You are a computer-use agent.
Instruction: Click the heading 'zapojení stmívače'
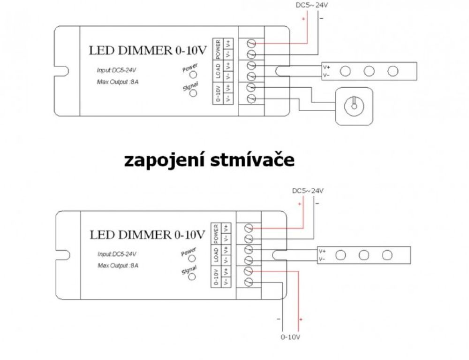click(x=209, y=161)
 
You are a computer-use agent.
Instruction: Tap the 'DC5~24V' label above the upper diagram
click(x=312, y=5)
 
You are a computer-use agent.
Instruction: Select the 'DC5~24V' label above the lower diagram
click(x=308, y=191)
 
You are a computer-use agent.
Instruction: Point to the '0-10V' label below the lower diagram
click(x=290, y=337)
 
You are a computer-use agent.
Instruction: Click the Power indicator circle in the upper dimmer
click(x=193, y=75)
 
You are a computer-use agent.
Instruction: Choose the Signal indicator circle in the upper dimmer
click(x=193, y=93)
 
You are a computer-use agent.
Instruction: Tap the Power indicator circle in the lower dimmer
click(x=192, y=258)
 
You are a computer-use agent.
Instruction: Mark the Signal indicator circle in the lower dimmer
click(x=192, y=276)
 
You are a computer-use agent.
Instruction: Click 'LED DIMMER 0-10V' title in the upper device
click(x=148, y=51)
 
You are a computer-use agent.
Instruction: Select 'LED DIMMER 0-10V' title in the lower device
click(x=147, y=235)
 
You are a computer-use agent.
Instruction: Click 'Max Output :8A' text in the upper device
click(x=118, y=82)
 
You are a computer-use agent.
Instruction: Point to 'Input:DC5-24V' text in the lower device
click(x=117, y=254)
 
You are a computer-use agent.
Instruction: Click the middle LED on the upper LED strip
click(x=369, y=71)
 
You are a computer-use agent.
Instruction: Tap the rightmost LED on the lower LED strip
click(x=387, y=255)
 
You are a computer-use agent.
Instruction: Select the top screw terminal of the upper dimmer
click(x=251, y=43)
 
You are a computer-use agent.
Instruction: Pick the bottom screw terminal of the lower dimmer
click(x=249, y=282)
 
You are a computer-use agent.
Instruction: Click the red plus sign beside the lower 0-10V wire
click(x=301, y=319)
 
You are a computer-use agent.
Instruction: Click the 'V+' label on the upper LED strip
click(x=326, y=67)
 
